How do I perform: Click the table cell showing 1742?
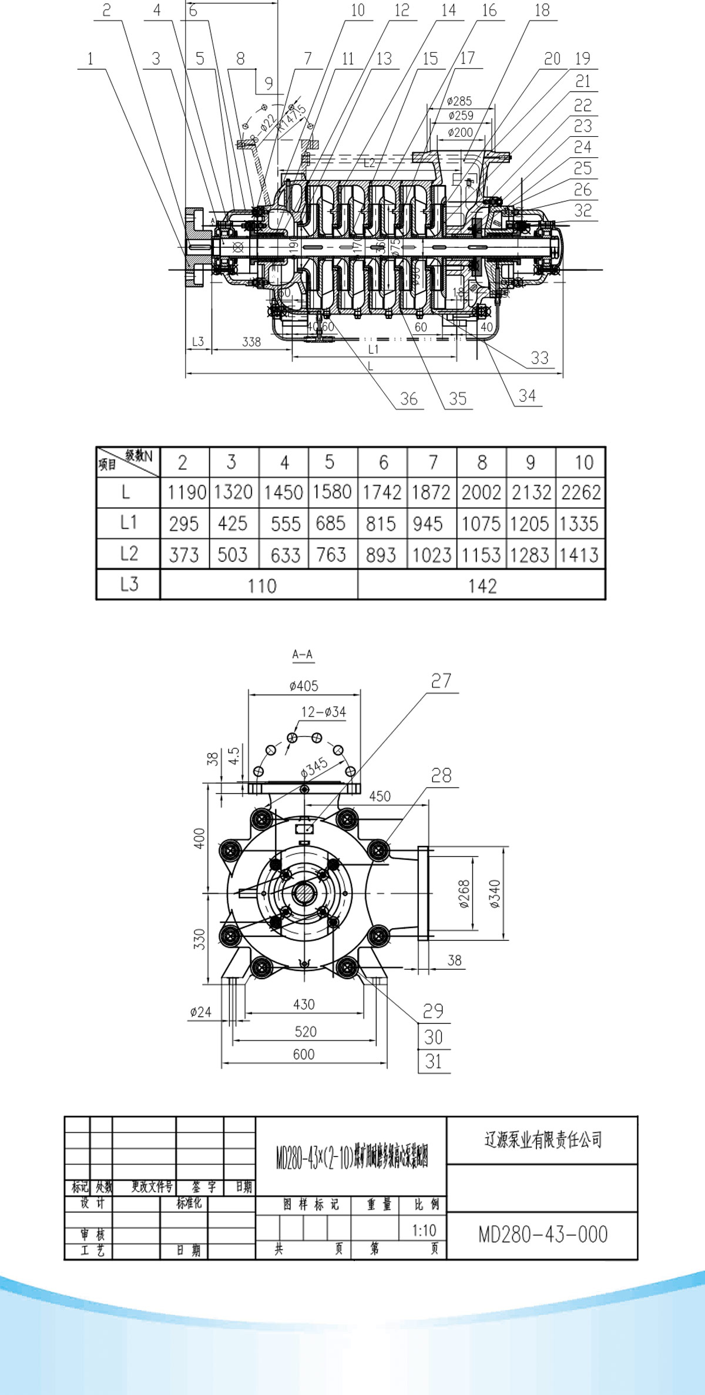click(382, 492)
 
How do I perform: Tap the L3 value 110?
click(261, 586)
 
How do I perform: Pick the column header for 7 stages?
click(433, 462)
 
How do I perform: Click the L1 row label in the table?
click(128, 522)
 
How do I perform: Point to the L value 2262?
click(580, 492)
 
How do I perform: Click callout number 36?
click(408, 399)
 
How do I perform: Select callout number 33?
click(539, 358)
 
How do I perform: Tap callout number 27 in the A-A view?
click(441, 681)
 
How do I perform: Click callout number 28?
click(441, 775)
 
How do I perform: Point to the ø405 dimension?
click(304, 685)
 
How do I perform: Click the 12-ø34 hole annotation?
click(323, 712)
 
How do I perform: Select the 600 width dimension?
click(304, 1054)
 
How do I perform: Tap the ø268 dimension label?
click(464, 894)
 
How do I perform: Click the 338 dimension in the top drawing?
click(251, 341)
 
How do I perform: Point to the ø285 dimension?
click(459, 101)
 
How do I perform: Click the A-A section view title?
click(303, 654)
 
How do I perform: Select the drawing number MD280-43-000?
click(543, 1235)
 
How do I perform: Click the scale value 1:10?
click(424, 1230)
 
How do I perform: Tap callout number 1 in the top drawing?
click(90, 59)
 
